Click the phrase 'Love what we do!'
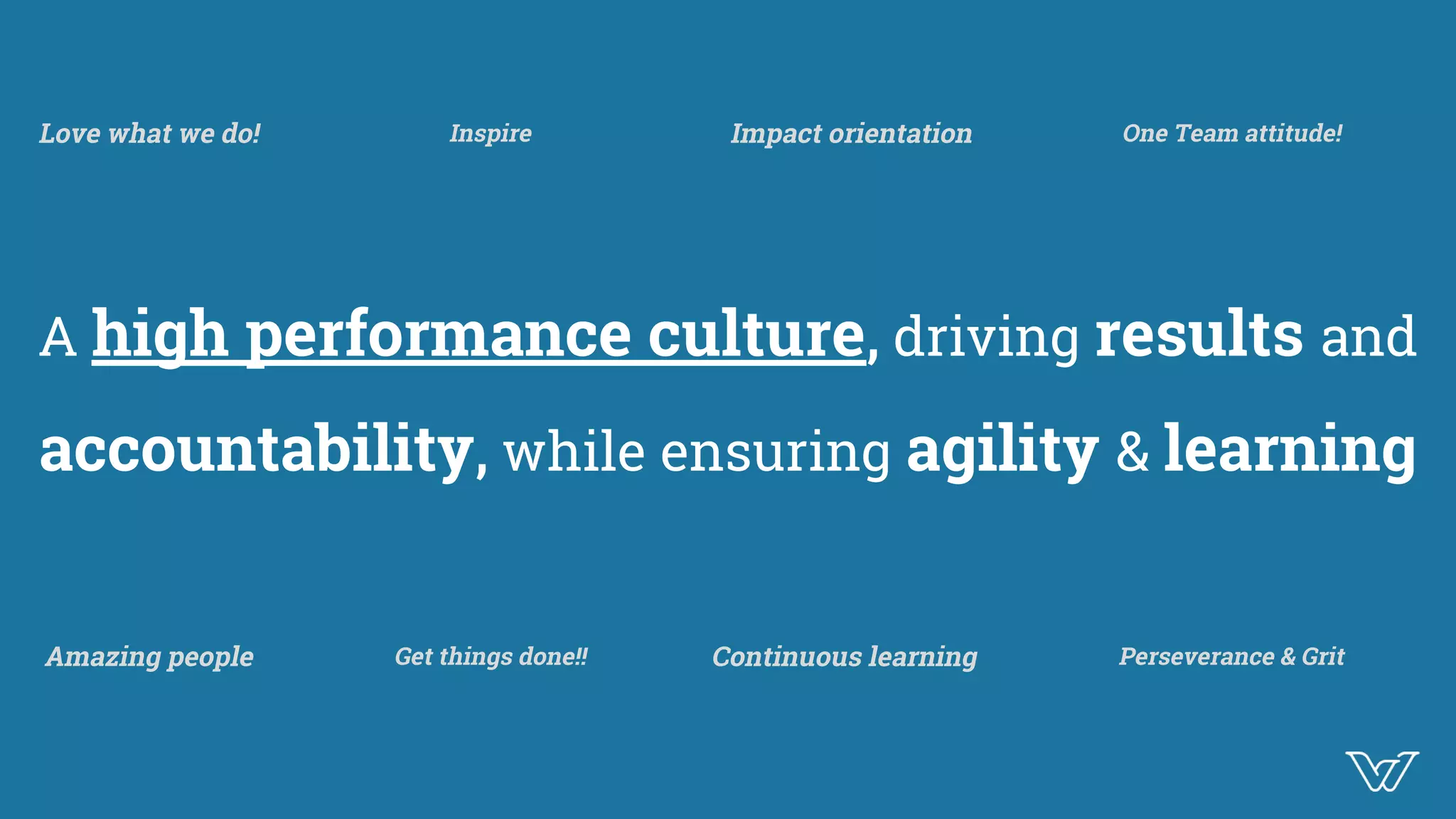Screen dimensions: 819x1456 [150, 134]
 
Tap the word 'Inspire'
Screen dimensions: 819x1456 [491, 134]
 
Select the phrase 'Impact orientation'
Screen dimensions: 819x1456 [851, 134]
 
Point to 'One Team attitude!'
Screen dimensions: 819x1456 [1232, 134]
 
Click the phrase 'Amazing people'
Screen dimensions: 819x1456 [149, 657]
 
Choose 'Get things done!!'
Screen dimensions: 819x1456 [491, 657]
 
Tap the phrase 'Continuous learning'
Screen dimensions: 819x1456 [845, 657]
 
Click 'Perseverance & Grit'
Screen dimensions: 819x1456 [1231, 657]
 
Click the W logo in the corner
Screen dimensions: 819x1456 [1381, 771]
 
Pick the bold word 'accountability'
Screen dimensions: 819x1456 [256, 449]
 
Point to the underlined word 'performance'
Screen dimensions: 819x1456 [438, 336]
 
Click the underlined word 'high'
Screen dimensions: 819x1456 [160, 336]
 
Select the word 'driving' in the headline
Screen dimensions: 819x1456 [986, 337]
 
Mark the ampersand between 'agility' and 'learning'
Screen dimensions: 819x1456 [1132, 452]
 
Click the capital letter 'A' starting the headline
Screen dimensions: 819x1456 [58, 337]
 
